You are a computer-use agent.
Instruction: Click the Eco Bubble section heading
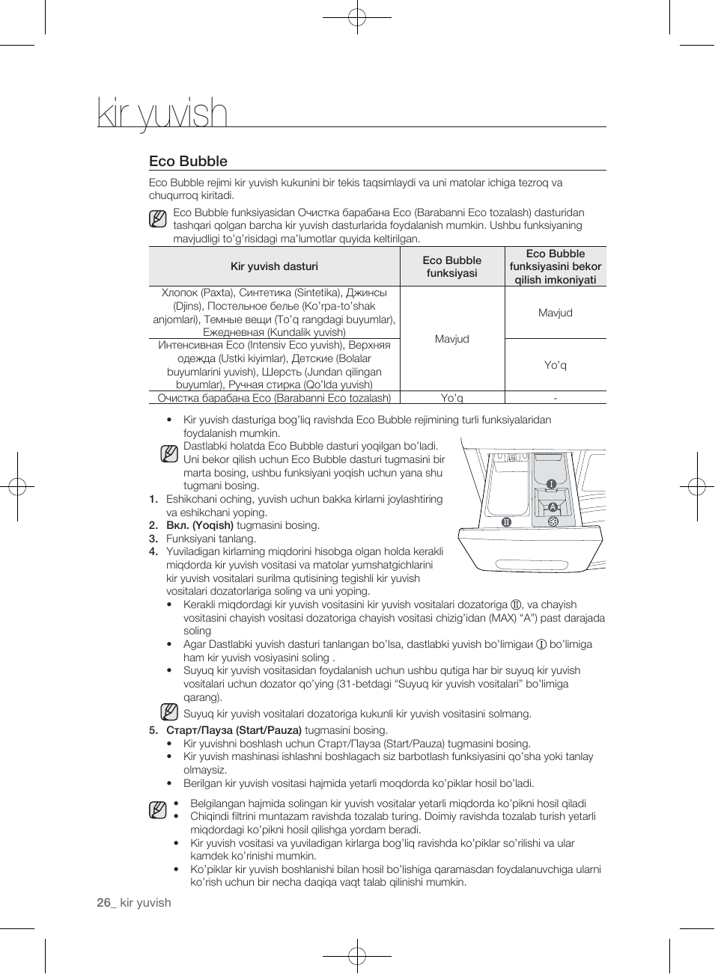coord(188,161)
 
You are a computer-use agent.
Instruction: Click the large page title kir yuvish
coord(162,114)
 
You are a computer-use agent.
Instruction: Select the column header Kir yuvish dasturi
coord(274,266)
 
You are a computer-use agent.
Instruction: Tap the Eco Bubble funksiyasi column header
coord(451,266)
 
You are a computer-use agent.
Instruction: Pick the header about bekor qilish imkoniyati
coord(555,267)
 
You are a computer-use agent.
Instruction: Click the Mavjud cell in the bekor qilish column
coord(555,313)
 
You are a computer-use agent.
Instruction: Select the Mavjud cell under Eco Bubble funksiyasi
coord(451,339)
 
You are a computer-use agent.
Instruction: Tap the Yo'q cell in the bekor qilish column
coord(555,365)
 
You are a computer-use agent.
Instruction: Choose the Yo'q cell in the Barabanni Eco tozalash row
coord(451,398)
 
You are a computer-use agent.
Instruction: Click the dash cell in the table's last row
coord(555,398)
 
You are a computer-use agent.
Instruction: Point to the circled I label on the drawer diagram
coord(551,484)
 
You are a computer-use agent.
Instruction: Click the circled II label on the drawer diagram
coord(506,521)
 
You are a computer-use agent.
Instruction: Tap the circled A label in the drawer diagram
coord(553,507)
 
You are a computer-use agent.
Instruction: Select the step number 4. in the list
coord(153,552)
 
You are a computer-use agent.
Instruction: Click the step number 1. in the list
coord(153,499)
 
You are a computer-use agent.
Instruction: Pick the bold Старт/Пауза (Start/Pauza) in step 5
coord(234,730)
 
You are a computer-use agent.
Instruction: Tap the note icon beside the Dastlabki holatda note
coord(169,453)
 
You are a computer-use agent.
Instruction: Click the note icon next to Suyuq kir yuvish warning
coord(169,712)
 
